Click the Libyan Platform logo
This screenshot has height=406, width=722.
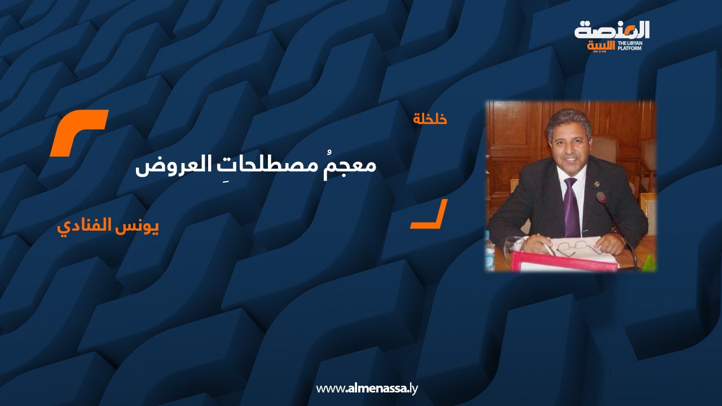[611, 36]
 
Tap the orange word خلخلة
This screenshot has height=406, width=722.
[430, 120]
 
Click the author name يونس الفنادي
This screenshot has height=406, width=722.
[108, 228]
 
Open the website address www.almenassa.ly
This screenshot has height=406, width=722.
[367, 389]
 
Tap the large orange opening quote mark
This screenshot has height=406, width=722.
[78, 133]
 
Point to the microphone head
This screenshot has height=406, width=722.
[601, 197]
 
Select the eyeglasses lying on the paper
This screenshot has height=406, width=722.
[578, 247]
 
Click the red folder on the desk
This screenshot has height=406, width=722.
[564, 262]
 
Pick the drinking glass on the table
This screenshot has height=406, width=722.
[513, 248]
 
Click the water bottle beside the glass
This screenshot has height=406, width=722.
[491, 254]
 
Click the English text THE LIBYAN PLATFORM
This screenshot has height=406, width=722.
[633, 45]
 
